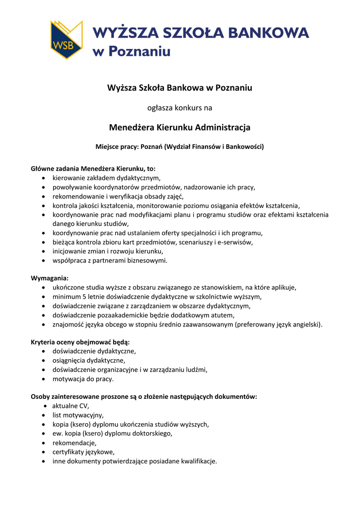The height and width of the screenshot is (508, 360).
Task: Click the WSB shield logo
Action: click(66, 40)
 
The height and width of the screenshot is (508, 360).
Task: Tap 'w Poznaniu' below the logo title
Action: click(132, 51)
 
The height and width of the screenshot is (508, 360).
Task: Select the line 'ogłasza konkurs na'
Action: click(180, 107)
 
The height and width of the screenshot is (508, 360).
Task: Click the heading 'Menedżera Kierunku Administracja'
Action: click(180, 127)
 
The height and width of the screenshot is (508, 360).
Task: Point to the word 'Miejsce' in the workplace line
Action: click(107, 146)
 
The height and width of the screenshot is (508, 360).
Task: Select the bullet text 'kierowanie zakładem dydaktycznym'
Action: click(107, 178)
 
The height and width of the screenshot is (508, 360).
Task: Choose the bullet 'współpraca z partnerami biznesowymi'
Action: click(109, 260)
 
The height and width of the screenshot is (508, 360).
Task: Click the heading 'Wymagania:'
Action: click(50, 278)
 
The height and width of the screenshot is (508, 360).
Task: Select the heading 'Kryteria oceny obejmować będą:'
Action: click(80, 342)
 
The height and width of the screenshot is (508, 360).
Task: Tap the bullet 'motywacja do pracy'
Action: click(83, 379)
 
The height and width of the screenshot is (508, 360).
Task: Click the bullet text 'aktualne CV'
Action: click(70, 406)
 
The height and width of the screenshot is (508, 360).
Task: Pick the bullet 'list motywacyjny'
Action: click(78, 415)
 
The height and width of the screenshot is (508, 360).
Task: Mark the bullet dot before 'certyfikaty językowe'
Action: click(45, 452)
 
